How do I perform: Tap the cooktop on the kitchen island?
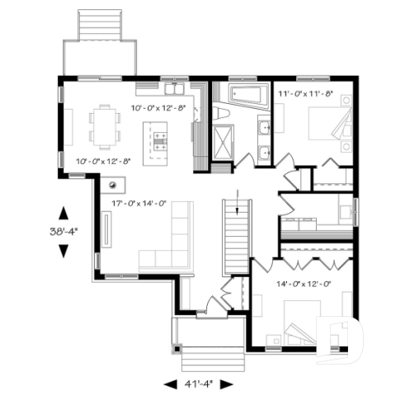click(x=157, y=138)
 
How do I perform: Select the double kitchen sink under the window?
click(x=173, y=87)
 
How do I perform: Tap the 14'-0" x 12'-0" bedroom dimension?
click(x=304, y=284)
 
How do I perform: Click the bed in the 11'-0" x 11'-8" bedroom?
click(x=325, y=126)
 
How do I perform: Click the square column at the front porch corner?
click(x=176, y=348)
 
